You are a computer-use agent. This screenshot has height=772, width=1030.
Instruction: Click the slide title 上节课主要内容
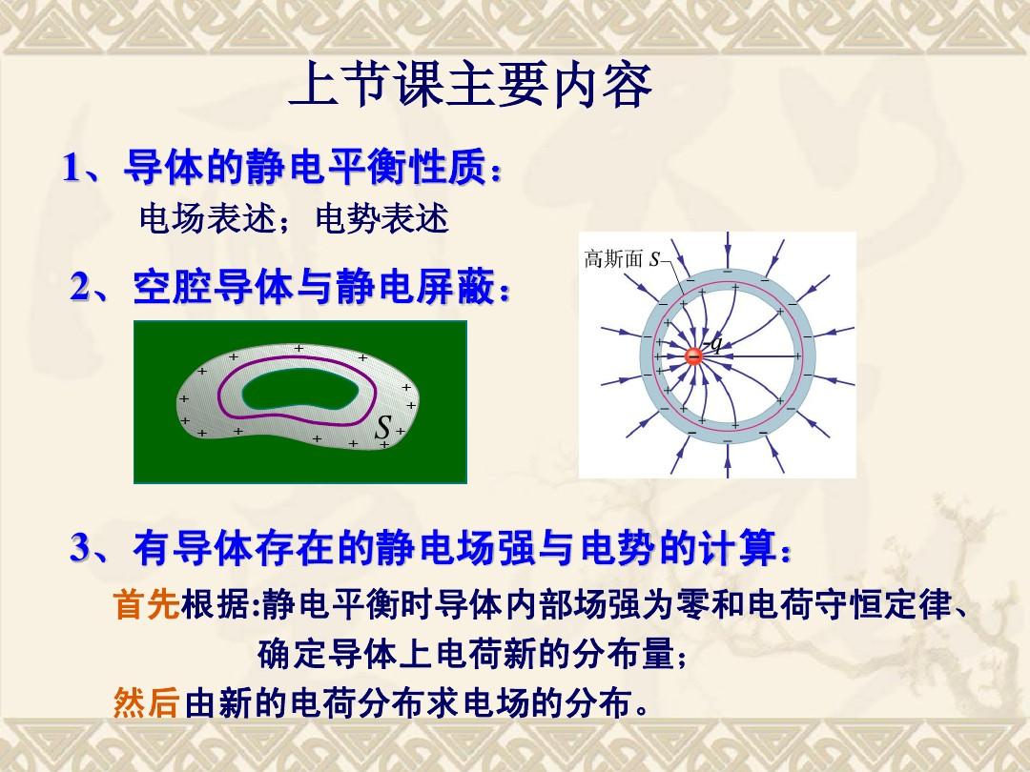coord(470,86)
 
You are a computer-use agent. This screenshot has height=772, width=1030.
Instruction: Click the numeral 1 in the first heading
coord(72,168)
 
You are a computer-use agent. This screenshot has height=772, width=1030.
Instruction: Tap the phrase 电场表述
coord(206,218)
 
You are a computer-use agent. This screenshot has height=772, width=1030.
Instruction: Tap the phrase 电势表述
coord(382,218)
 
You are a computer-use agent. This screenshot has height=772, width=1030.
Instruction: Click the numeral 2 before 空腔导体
coord(80,288)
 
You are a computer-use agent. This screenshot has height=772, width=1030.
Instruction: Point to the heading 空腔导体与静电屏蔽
coord(314,287)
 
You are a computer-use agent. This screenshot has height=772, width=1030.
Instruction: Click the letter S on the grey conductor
coord(383,427)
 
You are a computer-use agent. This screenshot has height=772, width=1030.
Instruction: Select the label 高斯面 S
coord(622,259)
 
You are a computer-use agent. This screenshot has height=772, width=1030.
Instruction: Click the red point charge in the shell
coord(693,356)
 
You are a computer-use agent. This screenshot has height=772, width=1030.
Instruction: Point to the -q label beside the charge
coord(713,344)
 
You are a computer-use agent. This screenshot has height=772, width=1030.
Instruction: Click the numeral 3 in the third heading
coord(80,547)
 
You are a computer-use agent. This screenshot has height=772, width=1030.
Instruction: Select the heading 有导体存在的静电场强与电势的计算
coord(455,547)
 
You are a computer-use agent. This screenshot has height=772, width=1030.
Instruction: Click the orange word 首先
coord(147,604)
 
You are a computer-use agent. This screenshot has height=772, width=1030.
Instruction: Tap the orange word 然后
coord(147,702)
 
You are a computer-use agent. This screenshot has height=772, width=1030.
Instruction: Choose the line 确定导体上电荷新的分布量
coord(465,653)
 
